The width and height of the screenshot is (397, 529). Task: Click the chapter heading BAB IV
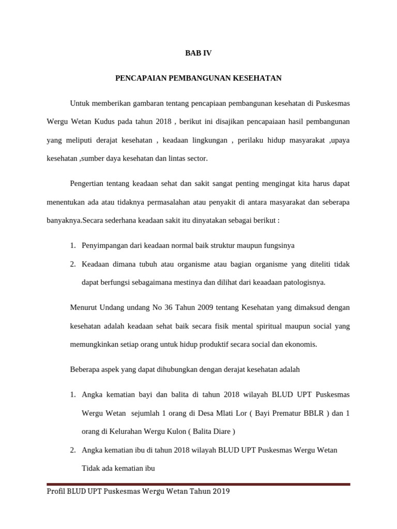click(x=198, y=53)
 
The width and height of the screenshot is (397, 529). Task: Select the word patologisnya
click(x=303, y=283)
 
